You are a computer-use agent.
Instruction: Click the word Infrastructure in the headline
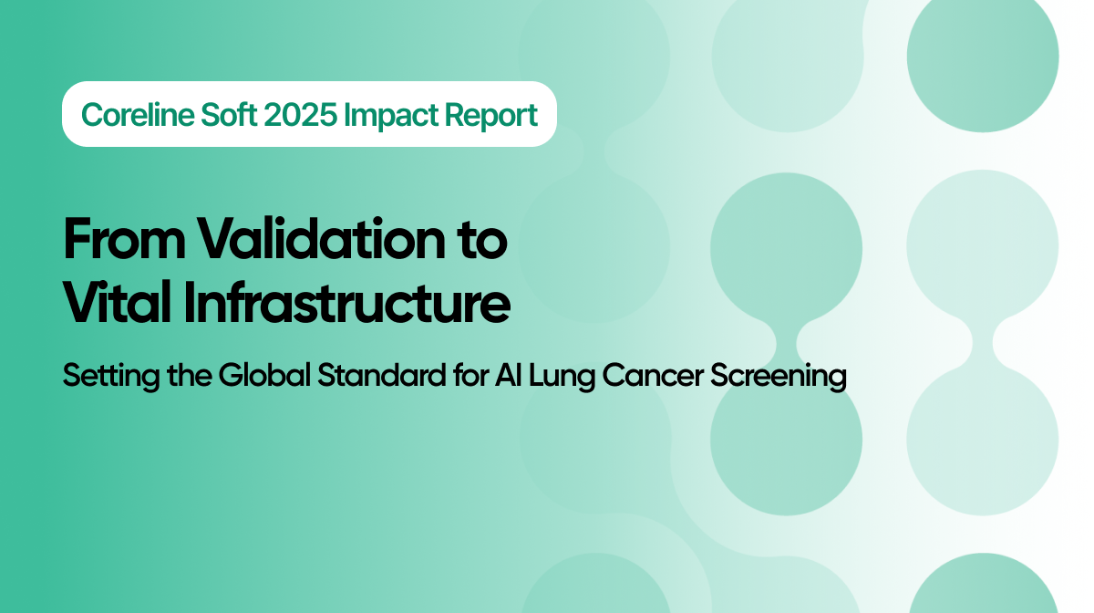[x=346, y=305]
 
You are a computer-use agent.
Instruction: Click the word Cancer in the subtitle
[x=614, y=377]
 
